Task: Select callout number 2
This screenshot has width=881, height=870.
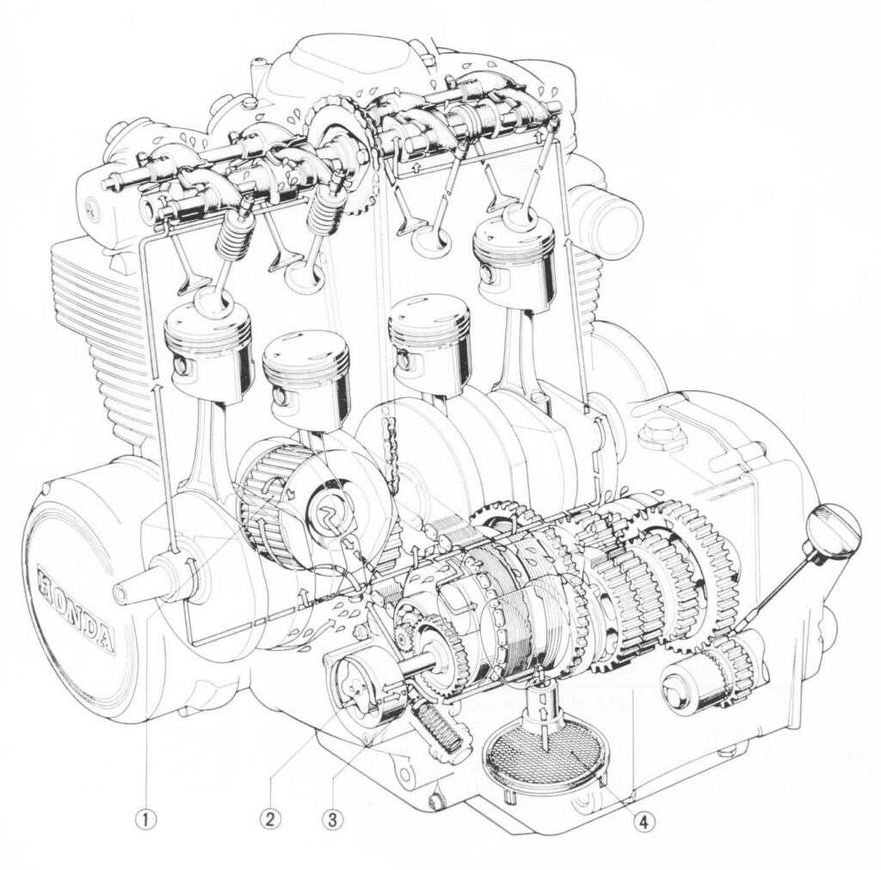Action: point(270,819)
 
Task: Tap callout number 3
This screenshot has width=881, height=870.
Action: point(332,819)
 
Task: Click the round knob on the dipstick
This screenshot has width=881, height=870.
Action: point(834,530)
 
